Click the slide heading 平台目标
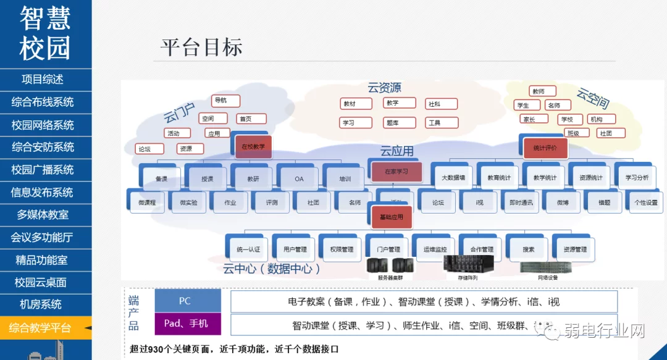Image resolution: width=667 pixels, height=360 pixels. point(201,48)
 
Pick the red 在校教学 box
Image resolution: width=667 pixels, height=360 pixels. point(253,146)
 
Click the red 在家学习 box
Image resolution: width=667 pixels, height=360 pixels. point(396,171)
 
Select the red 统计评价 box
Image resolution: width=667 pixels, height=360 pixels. point(545,148)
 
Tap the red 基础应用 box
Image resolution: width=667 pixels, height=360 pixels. point(391,217)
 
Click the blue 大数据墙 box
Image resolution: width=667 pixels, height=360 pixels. point(453,178)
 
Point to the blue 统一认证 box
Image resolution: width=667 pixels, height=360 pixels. point(248,249)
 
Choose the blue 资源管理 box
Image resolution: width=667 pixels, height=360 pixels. point(575,249)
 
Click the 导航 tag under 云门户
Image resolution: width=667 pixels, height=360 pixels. point(220,100)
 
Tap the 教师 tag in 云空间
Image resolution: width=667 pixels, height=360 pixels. point(539,91)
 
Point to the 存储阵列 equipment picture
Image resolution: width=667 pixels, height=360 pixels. point(469,264)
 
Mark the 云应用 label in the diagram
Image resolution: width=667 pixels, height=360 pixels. point(396,151)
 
